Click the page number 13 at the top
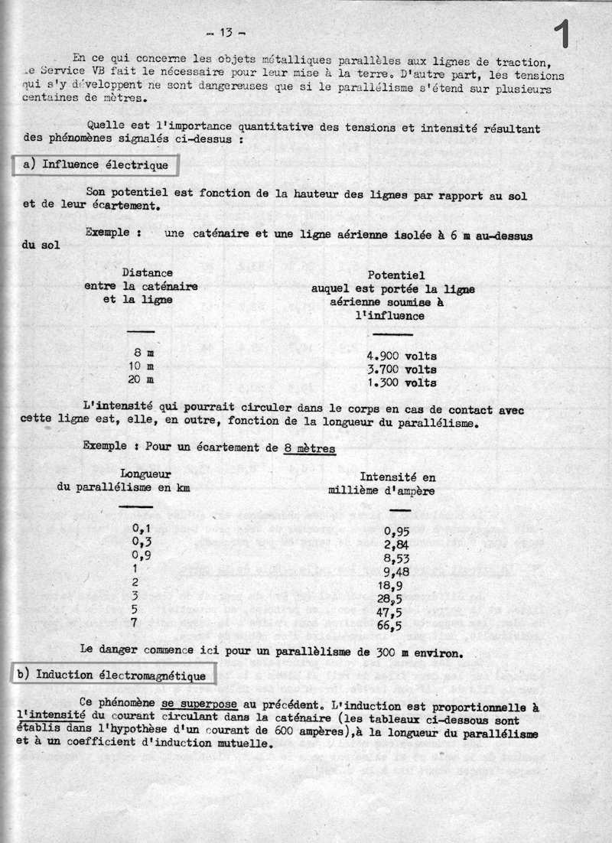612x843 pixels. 226,32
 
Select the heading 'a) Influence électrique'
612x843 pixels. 95,164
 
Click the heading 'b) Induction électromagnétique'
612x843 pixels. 113,675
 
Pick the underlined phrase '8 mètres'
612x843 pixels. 309,449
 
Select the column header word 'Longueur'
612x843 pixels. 146,474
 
